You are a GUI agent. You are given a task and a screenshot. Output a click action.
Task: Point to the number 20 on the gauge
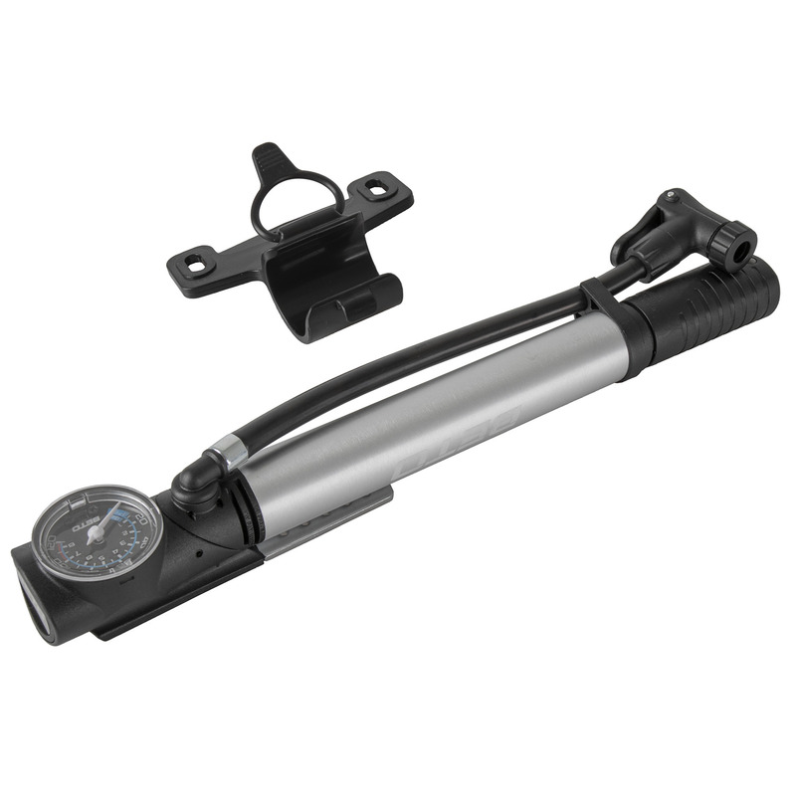[142, 519]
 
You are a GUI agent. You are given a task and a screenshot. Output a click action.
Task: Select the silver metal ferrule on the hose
[228, 454]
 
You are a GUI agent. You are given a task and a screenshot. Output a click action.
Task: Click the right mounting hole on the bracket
[379, 185]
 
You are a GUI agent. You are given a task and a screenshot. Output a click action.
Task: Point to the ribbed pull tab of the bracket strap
[269, 158]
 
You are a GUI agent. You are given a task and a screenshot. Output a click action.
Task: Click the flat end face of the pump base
[38, 597]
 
